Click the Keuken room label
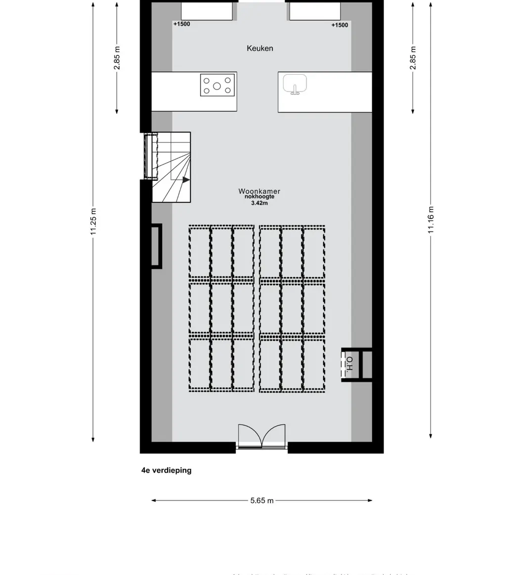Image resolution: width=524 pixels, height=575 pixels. click(x=260, y=48)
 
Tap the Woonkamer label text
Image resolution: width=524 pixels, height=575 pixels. click(x=260, y=191)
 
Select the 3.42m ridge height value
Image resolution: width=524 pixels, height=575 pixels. click(x=260, y=203)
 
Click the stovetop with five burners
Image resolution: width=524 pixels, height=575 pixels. click(x=217, y=85)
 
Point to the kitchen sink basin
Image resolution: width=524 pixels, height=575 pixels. click(x=295, y=83)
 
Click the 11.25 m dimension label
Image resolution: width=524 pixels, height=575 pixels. click(x=93, y=222)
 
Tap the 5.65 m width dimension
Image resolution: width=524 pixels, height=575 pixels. click(x=262, y=500)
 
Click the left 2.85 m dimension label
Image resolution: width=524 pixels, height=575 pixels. click(x=117, y=58)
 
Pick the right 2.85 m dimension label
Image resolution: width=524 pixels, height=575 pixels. click(x=413, y=58)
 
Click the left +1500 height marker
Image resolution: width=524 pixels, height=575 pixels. click(x=181, y=24)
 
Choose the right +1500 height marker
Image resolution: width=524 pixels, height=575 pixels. click(x=340, y=25)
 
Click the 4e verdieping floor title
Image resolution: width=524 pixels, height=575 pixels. click(x=166, y=470)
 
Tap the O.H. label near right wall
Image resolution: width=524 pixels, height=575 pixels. click(x=349, y=364)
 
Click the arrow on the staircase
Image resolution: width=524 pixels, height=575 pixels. click(x=186, y=180)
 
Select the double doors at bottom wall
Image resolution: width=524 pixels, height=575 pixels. click(x=262, y=436)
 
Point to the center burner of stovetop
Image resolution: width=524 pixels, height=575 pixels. click(x=217, y=86)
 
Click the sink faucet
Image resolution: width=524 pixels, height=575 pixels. click(x=295, y=90)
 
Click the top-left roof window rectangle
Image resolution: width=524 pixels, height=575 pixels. click(x=207, y=11)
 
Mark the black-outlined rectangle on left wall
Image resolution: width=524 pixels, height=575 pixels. click(x=156, y=246)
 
